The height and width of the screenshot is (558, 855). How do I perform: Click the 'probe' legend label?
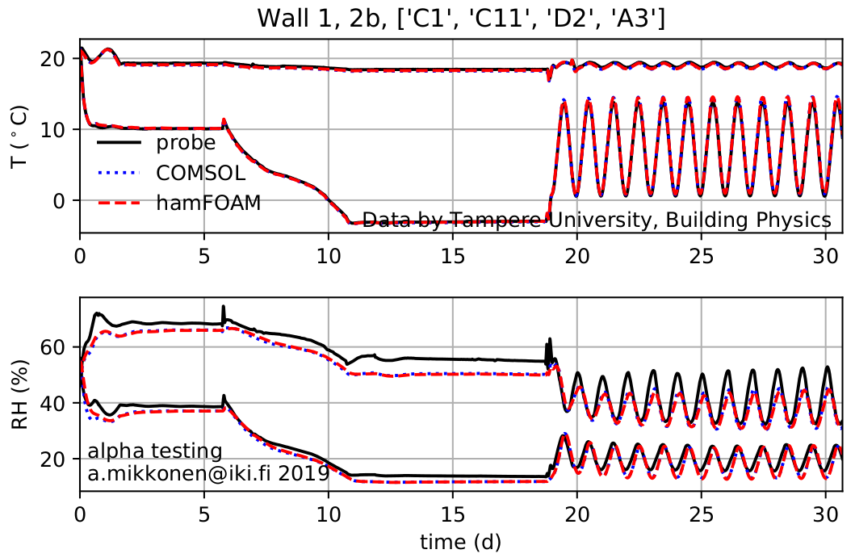[x=187, y=143]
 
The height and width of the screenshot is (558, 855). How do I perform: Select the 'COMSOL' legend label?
[x=201, y=173]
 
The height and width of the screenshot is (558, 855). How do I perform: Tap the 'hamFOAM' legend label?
[x=208, y=203]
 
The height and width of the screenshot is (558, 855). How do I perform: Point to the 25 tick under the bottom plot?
[x=702, y=512]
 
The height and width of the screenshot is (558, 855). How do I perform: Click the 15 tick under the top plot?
[x=453, y=254]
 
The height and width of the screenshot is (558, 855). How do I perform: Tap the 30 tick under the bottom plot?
[x=826, y=512]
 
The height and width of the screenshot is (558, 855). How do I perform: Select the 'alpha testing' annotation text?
[x=154, y=451]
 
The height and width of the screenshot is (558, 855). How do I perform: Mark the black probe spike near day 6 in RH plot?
[x=224, y=308]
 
